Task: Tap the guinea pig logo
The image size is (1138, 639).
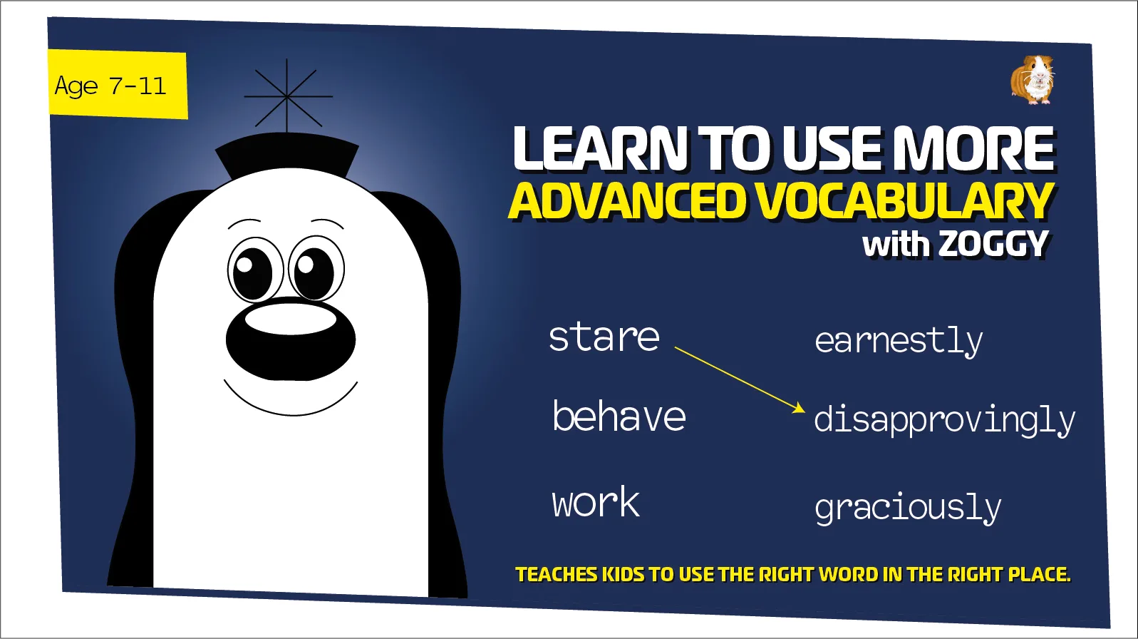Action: point(1033,80)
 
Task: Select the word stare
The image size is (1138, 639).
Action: point(604,337)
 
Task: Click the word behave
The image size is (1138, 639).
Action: point(619,416)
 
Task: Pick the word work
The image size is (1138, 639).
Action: point(596,503)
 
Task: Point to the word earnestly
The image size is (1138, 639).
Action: point(898,342)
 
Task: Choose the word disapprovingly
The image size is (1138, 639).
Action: point(944,421)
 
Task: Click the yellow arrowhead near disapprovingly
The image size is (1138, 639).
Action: point(799,409)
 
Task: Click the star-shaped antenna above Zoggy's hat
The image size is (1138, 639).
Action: point(287,96)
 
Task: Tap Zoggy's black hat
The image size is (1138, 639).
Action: point(286,153)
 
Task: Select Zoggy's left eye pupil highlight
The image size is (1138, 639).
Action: point(244,265)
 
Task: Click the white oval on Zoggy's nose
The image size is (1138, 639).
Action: point(290,319)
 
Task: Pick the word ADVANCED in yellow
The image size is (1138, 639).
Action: point(627,201)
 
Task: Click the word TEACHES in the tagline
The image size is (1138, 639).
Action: point(556,575)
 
